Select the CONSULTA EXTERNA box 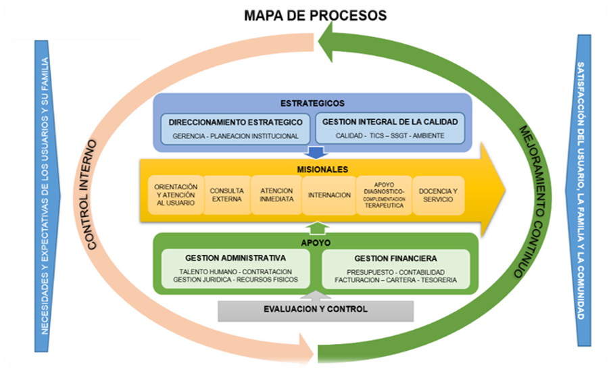[226, 195]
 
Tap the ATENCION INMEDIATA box [276, 195]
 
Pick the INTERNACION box [329, 195]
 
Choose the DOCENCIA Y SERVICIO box [438, 195]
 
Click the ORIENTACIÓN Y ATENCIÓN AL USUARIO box [176, 195]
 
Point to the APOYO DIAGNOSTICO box [383, 195]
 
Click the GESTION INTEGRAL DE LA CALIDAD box [390, 128]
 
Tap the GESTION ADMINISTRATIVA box [235, 268]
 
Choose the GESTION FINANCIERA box [395, 268]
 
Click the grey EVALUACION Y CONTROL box [316, 310]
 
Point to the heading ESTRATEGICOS [312, 103]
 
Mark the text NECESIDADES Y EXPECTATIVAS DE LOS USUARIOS [45, 196]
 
